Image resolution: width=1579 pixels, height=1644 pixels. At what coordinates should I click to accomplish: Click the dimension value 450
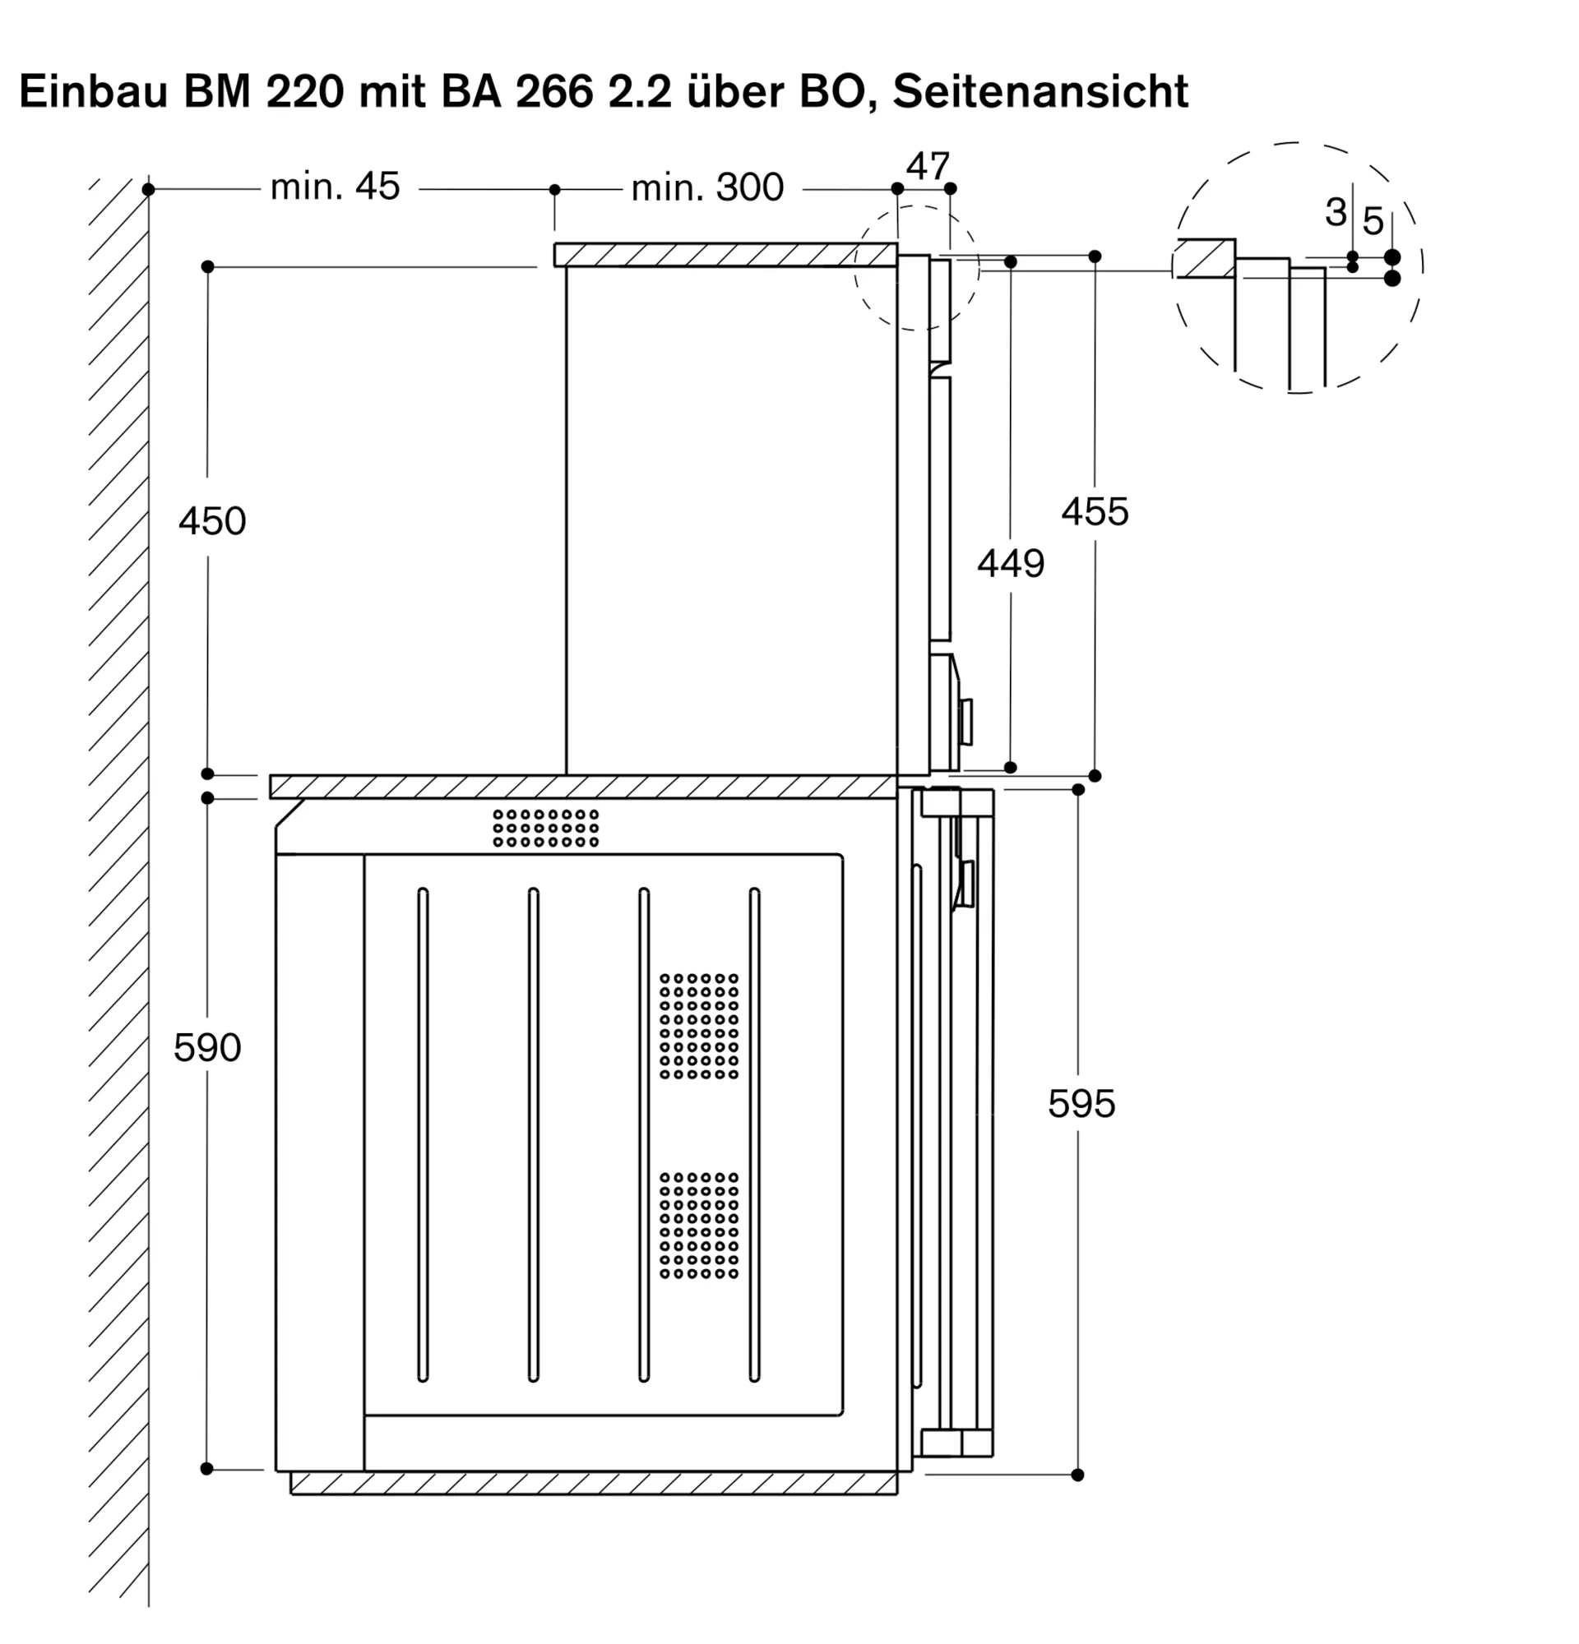[x=211, y=521]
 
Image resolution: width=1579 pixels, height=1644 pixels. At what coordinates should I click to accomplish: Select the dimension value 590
[x=207, y=1047]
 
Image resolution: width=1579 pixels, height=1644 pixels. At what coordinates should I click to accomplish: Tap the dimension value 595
[x=1081, y=1104]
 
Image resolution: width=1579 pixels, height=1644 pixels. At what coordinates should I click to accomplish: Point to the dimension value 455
[x=1094, y=511]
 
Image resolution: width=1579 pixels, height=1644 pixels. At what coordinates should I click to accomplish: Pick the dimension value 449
[x=1010, y=564]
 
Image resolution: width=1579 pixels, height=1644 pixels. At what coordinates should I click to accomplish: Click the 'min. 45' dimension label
[x=335, y=187]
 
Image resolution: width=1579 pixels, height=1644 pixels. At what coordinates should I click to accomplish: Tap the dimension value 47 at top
[x=927, y=166]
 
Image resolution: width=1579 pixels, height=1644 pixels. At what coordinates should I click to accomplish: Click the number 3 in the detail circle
[x=1336, y=211]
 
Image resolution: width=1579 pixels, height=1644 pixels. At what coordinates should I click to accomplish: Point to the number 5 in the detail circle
[x=1373, y=221]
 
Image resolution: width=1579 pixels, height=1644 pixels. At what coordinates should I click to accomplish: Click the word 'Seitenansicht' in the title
[x=1040, y=91]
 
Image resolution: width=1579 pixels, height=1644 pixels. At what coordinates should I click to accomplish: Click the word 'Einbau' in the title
[x=92, y=91]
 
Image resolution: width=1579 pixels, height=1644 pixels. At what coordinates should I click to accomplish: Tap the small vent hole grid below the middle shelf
[x=545, y=828]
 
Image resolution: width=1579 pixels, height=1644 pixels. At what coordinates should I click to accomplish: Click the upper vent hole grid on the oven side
[x=698, y=1026]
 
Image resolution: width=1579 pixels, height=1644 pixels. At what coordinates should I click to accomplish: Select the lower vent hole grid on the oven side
[x=698, y=1226]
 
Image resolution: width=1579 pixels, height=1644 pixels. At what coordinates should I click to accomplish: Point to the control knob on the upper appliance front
[x=966, y=722]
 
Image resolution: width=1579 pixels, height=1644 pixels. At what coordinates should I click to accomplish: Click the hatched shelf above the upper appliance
[x=725, y=255]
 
